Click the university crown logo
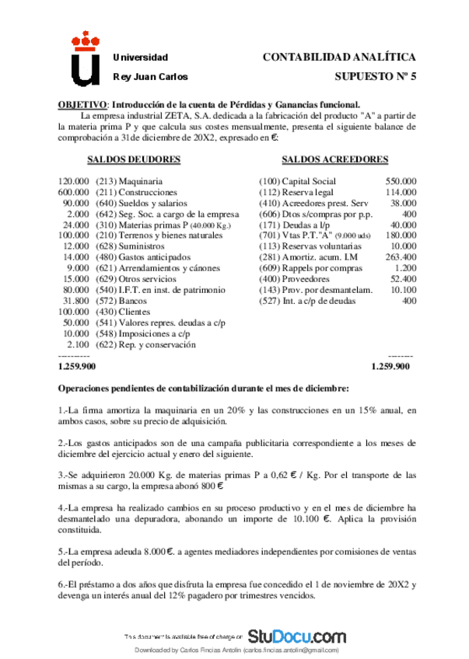(x=86, y=59)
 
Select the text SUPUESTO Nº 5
(x=375, y=77)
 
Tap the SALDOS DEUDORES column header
(x=134, y=159)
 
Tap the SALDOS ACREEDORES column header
(x=335, y=159)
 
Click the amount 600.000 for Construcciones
(x=74, y=191)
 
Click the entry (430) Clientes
(x=123, y=311)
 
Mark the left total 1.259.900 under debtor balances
(x=77, y=365)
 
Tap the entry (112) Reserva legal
(x=292, y=191)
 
